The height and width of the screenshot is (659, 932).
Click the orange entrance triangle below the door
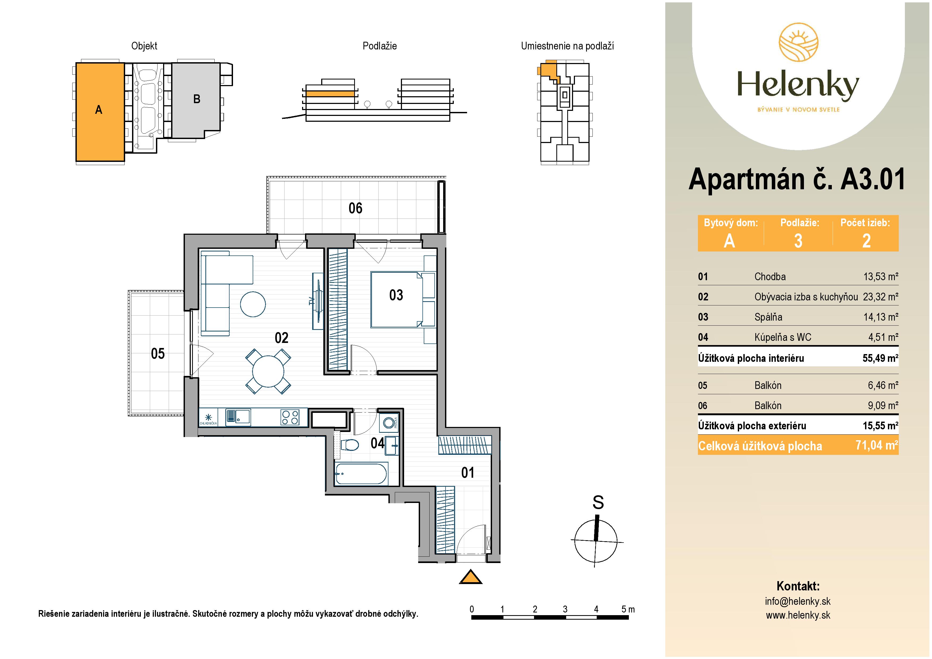click(x=471, y=577)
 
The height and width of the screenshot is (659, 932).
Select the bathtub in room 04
click(x=361, y=474)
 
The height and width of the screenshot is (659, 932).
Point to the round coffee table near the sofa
click(x=253, y=304)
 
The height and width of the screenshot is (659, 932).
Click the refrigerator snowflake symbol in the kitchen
click(x=209, y=417)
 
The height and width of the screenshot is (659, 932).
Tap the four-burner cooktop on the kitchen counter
click(x=290, y=417)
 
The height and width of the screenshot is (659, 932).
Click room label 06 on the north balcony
click(x=355, y=208)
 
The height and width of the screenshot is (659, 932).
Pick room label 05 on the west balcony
click(x=158, y=353)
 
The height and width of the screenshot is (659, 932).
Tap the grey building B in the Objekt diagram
click(x=196, y=99)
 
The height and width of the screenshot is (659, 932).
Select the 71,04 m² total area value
click(x=877, y=446)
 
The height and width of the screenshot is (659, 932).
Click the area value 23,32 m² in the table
click(x=880, y=297)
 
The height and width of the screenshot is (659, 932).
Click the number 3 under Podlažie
click(x=798, y=241)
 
